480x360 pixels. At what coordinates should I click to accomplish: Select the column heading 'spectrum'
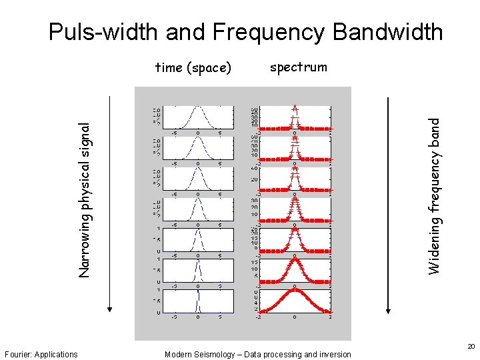(299, 67)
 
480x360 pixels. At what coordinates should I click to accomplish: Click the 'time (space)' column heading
(193, 67)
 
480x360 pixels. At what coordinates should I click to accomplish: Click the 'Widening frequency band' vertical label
(434, 196)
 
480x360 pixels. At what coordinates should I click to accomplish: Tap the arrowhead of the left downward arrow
(110, 307)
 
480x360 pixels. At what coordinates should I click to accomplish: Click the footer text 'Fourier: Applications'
(41, 355)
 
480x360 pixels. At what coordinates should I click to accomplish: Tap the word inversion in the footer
(335, 355)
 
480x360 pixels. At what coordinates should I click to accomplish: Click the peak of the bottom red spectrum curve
(295, 290)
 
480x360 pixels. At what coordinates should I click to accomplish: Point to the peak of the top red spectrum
(295, 107)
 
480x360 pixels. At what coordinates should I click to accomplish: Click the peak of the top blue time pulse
(197, 107)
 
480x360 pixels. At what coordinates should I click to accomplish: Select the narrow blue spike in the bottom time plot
(197, 300)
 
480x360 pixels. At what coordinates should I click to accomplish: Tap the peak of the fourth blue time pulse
(197, 199)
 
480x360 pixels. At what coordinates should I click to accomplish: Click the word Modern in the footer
(178, 355)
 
